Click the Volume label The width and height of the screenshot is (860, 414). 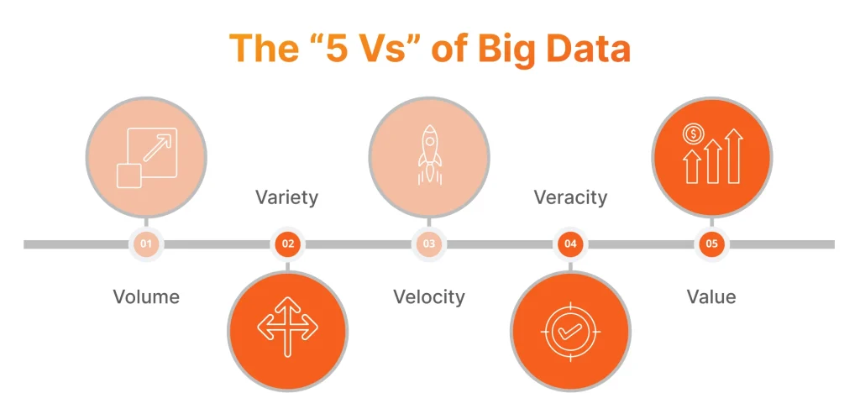(x=146, y=296)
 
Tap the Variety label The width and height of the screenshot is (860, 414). (x=286, y=197)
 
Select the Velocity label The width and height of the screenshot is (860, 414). (x=428, y=296)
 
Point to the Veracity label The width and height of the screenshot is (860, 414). (x=570, y=197)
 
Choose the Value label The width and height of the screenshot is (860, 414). (x=711, y=296)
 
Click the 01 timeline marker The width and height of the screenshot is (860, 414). (x=146, y=244)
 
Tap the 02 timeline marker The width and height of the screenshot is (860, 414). (x=287, y=244)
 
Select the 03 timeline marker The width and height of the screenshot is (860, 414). (x=428, y=244)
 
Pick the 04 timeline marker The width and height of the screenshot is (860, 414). (x=570, y=244)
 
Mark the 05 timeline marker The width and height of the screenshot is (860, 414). (x=711, y=244)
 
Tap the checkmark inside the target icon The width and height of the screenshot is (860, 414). (x=570, y=331)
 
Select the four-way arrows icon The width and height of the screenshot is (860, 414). (x=287, y=326)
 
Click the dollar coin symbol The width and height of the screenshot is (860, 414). (x=693, y=134)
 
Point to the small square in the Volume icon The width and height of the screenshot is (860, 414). (x=128, y=176)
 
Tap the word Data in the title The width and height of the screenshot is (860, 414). (x=591, y=49)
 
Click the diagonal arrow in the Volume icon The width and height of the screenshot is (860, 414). (x=157, y=148)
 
